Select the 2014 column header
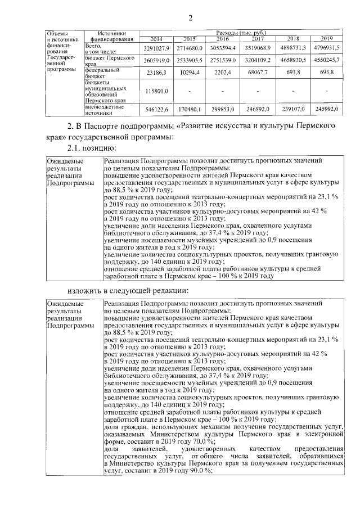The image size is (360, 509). [x=156, y=39]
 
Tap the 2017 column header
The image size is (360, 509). [x=258, y=39]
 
